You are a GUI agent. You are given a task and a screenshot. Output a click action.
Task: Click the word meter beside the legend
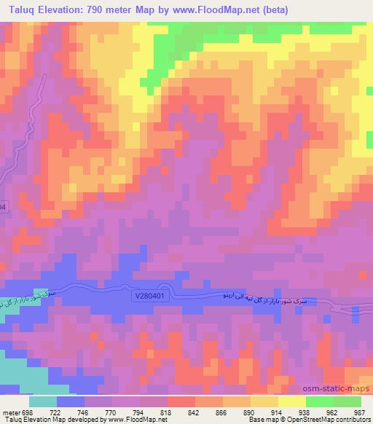(10, 412)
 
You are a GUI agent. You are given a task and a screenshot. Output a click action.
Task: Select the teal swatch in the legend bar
(43, 401)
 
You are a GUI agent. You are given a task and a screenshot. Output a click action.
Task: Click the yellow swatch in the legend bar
(292, 401)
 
